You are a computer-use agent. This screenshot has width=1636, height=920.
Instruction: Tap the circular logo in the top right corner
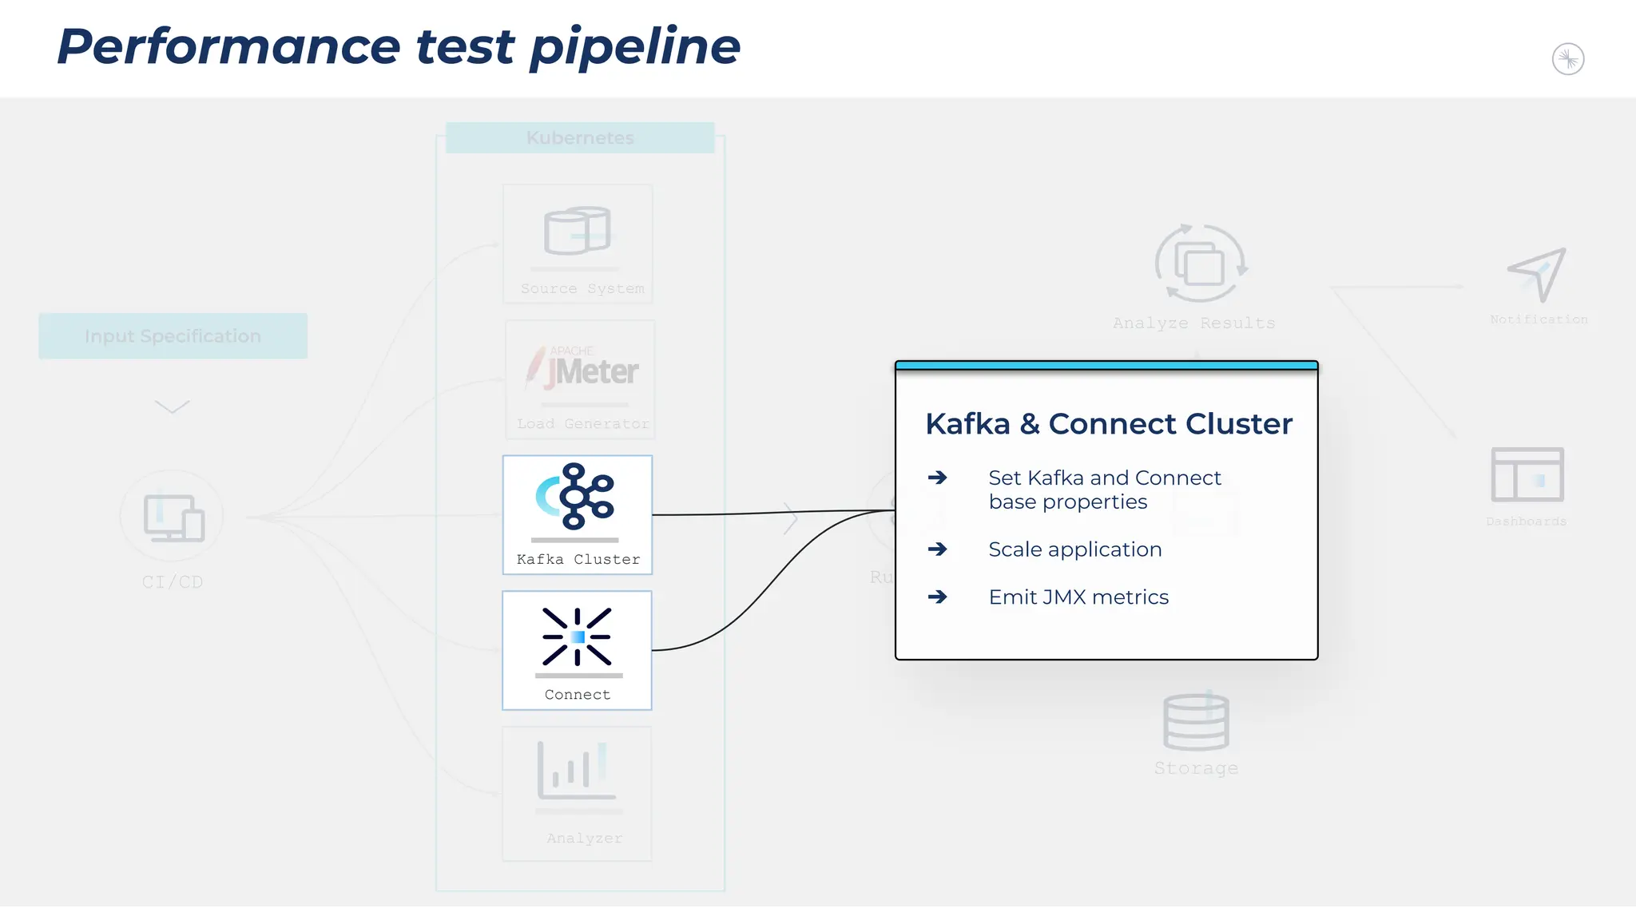[1567, 59]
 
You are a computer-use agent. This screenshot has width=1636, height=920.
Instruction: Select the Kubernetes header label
[580, 137]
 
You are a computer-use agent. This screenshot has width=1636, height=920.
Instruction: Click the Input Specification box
[173, 336]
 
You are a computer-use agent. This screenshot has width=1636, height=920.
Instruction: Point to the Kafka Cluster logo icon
[575, 496]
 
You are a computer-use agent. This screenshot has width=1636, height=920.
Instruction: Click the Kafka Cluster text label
[578, 559]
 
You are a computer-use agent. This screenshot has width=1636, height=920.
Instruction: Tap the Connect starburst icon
[577, 636]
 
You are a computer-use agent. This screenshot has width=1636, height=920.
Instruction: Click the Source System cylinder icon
[577, 231]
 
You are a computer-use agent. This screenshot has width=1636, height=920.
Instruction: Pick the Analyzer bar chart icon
[575, 771]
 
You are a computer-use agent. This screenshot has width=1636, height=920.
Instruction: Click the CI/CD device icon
[173, 517]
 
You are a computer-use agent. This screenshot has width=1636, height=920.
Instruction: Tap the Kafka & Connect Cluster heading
[1108, 424]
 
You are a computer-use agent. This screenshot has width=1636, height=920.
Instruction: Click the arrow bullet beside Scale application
[937, 549]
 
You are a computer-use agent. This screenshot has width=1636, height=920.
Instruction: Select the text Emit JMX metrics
[1078, 597]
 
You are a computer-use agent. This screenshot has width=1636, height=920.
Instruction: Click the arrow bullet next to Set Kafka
[937, 478]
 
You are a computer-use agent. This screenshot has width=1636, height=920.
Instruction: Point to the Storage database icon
[1196, 722]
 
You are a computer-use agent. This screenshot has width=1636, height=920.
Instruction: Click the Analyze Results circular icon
[1200, 264]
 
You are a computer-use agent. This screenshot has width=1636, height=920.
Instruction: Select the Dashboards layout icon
[1527, 474]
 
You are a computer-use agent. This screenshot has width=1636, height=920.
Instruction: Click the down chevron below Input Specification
[172, 407]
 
